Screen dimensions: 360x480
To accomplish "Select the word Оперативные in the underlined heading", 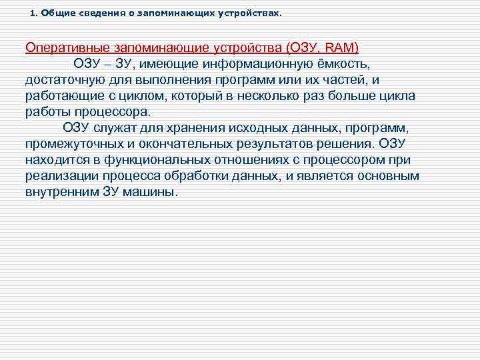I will click(x=64, y=48).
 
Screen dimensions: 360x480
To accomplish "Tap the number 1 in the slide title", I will click(x=33, y=13).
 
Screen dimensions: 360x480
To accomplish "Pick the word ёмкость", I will click(x=339, y=65).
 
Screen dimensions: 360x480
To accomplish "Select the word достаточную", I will click(x=63, y=80).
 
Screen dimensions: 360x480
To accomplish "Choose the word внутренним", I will click(x=63, y=192).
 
